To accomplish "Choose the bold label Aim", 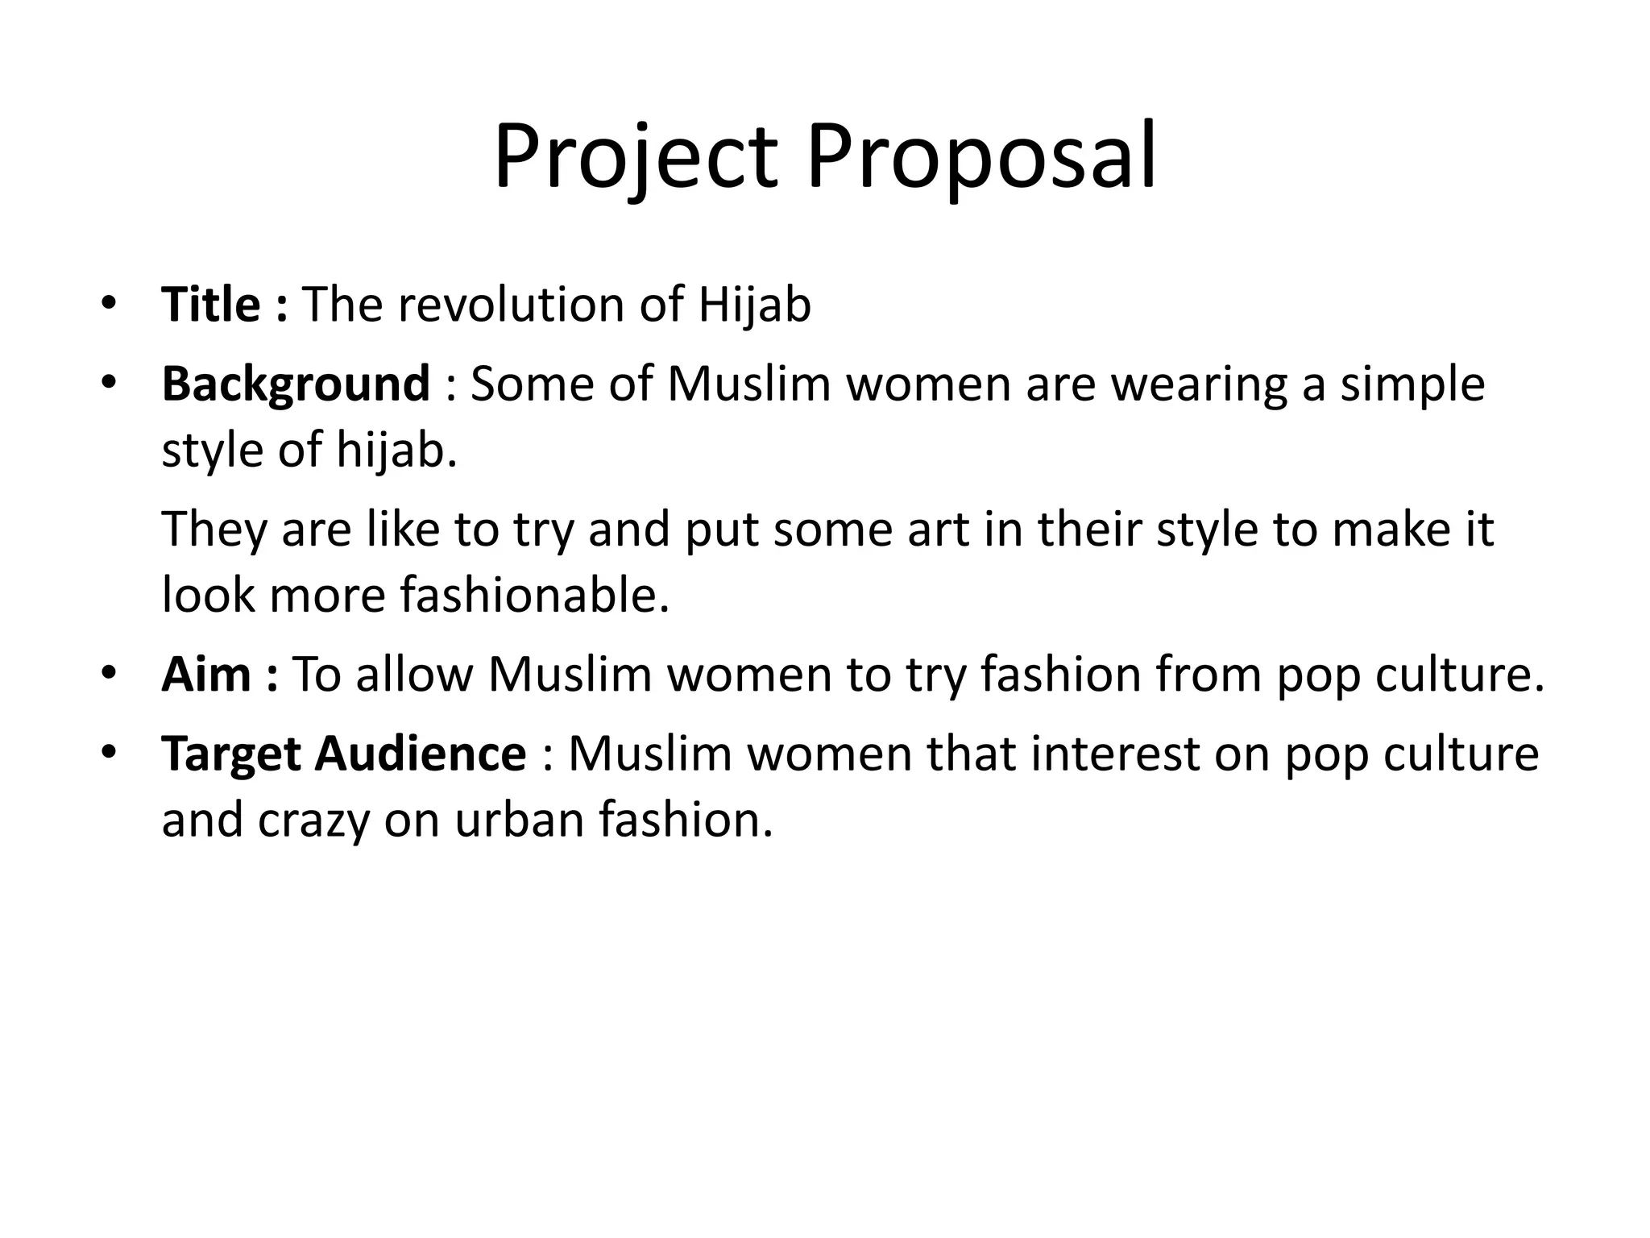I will [x=206, y=675].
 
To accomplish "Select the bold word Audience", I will [x=421, y=755].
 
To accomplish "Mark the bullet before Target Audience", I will [x=110, y=752].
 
